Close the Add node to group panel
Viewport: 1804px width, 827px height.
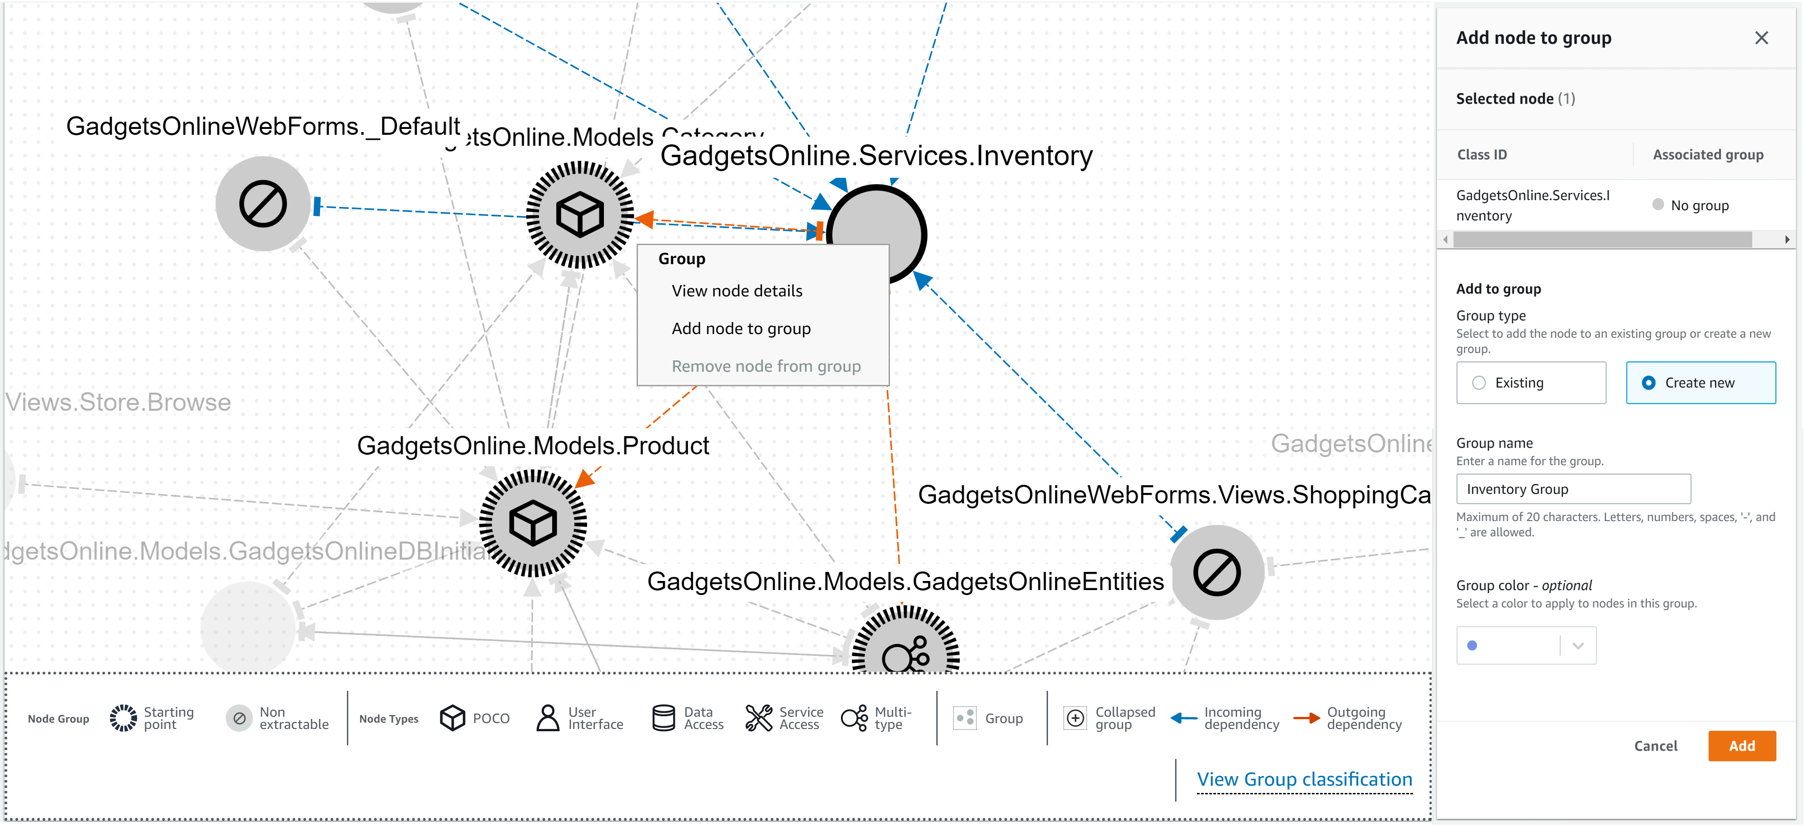1761,38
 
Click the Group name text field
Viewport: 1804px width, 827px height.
1573,489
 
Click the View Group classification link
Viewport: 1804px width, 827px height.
1304,779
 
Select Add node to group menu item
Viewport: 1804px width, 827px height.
741,329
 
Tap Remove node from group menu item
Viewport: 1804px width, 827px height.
766,367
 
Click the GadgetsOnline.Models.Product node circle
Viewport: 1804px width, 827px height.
533,523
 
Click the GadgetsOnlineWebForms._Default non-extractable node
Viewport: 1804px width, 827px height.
262,204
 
